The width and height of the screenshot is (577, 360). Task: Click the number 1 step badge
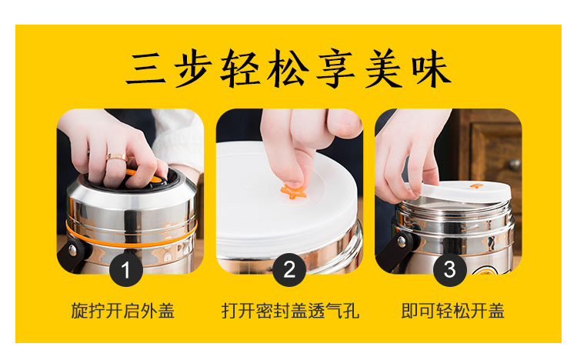(126, 270)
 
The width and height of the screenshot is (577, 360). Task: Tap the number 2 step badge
(289, 270)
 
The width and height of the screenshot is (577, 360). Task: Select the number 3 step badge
(450, 270)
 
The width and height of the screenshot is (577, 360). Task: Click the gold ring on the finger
(117, 158)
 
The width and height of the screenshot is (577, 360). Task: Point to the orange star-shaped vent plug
(293, 192)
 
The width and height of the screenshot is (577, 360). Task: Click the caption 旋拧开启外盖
(122, 311)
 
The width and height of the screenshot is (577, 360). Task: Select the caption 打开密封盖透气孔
(290, 311)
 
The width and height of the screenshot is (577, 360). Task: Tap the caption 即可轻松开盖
(452, 311)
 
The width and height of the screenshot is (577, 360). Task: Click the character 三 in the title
(145, 68)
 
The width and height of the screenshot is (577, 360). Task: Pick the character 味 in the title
(432, 68)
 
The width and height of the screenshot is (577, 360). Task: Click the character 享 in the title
(335, 68)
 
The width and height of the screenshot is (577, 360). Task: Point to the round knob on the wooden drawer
(514, 164)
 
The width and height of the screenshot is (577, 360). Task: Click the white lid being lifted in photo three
(465, 192)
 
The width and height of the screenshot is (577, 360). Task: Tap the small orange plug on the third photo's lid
(476, 185)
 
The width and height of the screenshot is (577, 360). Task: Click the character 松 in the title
(288, 68)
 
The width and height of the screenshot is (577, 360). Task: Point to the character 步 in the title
(193, 68)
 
